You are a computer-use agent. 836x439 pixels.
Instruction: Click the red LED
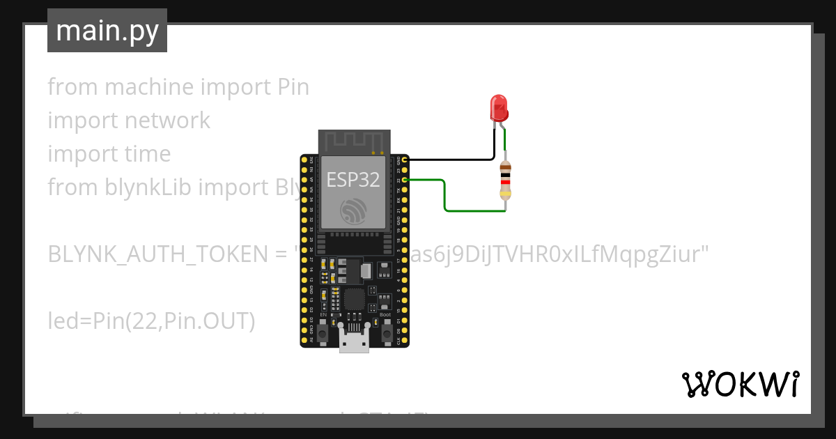[x=500, y=108]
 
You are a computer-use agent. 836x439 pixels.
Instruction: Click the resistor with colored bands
[x=506, y=180]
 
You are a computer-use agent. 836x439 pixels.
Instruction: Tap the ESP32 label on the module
[x=353, y=180]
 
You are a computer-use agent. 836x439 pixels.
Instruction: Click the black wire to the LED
[x=453, y=160]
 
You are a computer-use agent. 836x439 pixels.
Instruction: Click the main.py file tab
[x=107, y=31]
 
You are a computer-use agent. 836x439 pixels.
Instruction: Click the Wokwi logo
[x=740, y=384]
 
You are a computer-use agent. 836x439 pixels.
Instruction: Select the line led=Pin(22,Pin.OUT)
[x=151, y=321]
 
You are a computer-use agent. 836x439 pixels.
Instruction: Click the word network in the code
[x=167, y=121]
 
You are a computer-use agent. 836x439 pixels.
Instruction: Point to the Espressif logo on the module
[x=353, y=212]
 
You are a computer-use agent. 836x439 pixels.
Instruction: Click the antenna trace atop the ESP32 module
[x=353, y=142]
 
